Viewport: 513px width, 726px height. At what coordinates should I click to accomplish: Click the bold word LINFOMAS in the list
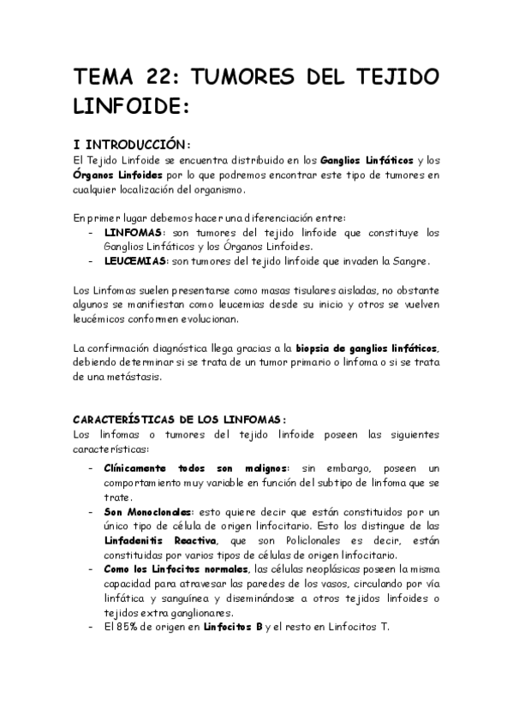pos(134,233)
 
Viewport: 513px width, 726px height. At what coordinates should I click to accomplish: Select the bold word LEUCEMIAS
pos(137,261)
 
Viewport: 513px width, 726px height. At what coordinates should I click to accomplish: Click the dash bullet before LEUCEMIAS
pos(92,262)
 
